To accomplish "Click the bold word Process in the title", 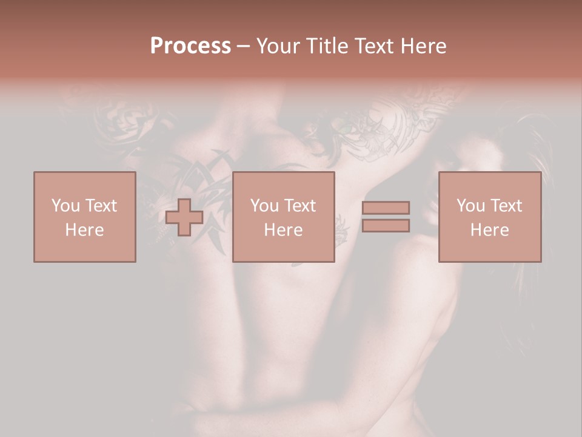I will pyautogui.click(x=190, y=46).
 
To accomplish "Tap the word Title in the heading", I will pyautogui.click(x=328, y=46).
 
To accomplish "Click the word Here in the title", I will pyautogui.click(x=424, y=46).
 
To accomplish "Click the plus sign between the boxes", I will pyautogui.click(x=184, y=217).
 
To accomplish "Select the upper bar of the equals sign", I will pyautogui.click(x=386, y=208).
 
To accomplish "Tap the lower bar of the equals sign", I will pyautogui.click(x=386, y=226).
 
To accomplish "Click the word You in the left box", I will pyautogui.click(x=65, y=205).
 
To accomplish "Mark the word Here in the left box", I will pyautogui.click(x=84, y=229).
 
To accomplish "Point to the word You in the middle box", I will pyautogui.click(x=264, y=205).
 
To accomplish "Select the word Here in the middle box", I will pyautogui.click(x=283, y=229).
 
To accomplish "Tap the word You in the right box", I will pyautogui.click(x=470, y=205).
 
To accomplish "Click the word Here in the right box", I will pyautogui.click(x=489, y=229).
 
